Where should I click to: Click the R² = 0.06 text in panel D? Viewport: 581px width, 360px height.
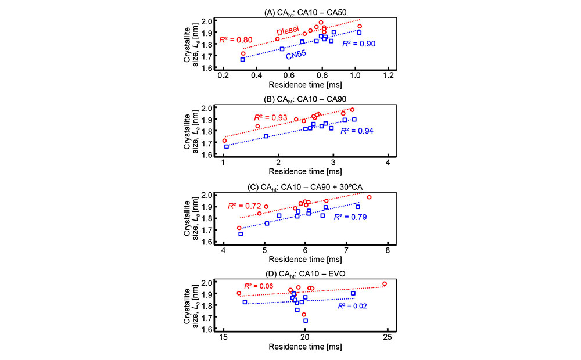(259, 286)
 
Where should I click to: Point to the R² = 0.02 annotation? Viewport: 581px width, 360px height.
(354, 305)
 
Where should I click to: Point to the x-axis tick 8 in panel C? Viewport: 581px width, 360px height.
(388, 250)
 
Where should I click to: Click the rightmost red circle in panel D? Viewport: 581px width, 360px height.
(385, 284)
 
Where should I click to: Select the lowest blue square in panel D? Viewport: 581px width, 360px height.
(306, 321)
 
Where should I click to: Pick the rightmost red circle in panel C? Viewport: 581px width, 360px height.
(369, 197)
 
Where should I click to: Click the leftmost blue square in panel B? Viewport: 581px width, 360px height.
(227, 146)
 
